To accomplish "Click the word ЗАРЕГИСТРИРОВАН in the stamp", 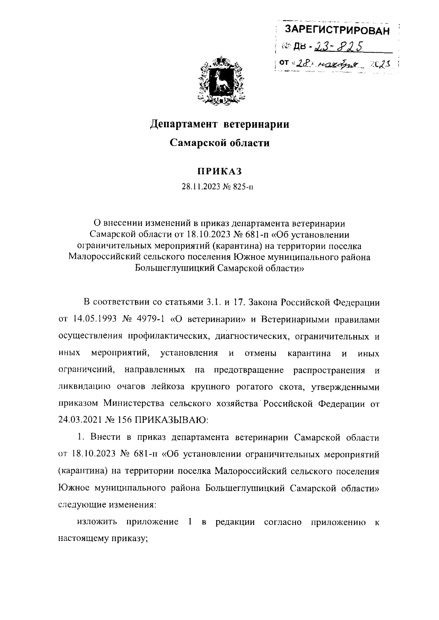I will [x=337, y=31].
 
